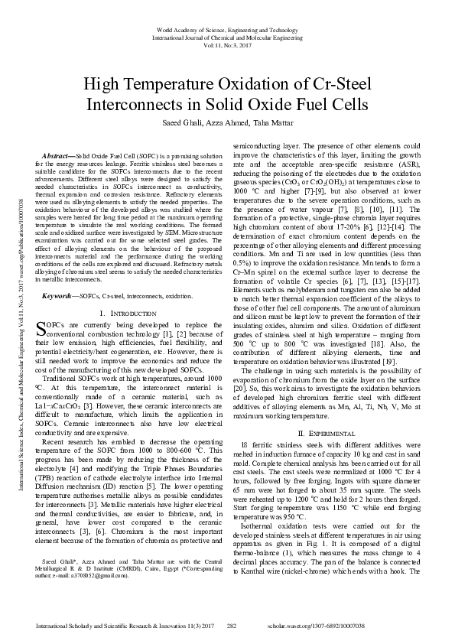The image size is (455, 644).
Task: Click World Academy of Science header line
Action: tap(227, 28)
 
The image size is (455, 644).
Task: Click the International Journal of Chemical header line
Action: tap(227, 37)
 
